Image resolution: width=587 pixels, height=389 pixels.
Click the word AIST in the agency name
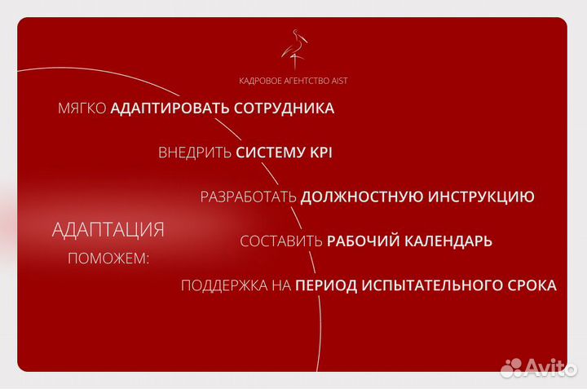point(339,81)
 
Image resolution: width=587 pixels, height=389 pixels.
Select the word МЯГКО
point(82,108)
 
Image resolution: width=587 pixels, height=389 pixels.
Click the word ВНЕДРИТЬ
point(195,153)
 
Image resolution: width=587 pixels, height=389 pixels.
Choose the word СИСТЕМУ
point(267,153)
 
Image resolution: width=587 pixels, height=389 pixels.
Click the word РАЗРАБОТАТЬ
point(249,197)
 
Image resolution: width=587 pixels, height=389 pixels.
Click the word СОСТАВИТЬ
point(281,241)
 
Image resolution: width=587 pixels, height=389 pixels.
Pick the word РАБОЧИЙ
point(361,241)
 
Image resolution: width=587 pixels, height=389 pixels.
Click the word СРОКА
point(531,285)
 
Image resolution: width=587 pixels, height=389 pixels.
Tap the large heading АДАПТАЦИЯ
point(108,230)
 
